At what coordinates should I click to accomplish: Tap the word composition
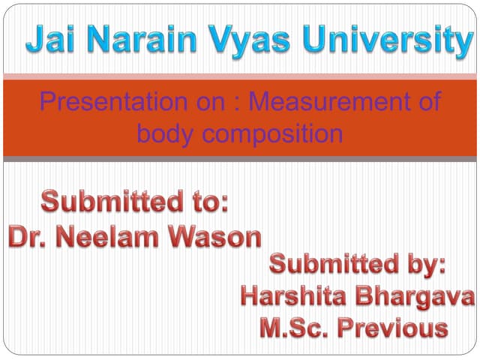(271, 135)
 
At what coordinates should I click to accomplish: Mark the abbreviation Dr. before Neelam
(28, 237)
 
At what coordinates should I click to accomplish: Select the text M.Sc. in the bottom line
(295, 328)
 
